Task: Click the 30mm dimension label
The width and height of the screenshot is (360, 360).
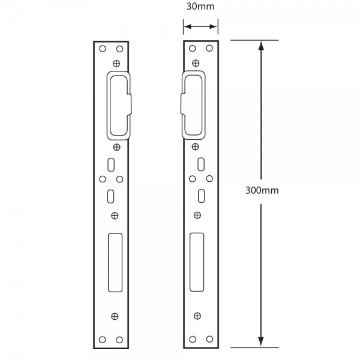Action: (x=200, y=7)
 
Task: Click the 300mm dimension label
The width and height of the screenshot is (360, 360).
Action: (x=262, y=190)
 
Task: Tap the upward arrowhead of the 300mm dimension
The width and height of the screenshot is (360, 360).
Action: (x=261, y=46)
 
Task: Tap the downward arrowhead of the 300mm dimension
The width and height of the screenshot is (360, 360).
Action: (x=261, y=342)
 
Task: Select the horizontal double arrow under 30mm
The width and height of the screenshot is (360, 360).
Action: (x=200, y=26)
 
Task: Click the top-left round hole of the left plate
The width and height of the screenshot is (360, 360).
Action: (x=103, y=49)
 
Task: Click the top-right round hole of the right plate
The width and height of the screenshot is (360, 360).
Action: (x=209, y=48)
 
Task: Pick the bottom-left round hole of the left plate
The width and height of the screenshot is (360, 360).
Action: (x=103, y=340)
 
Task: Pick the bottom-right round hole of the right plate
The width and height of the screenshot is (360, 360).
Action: (x=209, y=339)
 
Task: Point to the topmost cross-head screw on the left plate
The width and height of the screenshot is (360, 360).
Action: (x=116, y=64)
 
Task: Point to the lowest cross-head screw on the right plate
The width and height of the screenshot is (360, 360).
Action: (x=197, y=316)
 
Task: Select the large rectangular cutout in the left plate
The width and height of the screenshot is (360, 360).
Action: (x=115, y=263)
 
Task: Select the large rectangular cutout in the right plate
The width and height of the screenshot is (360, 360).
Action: (x=197, y=262)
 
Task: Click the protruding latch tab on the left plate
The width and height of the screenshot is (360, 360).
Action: (x=130, y=104)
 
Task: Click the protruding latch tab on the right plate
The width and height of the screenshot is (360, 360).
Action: (x=183, y=104)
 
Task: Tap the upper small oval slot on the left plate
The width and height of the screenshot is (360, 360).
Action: (x=111, y=164)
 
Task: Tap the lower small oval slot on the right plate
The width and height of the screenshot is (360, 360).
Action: (x=202, y=196)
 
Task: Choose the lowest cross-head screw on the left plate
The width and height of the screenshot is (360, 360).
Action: (x=115, y=316)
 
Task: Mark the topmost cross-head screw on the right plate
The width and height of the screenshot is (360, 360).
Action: (x=196, y=63)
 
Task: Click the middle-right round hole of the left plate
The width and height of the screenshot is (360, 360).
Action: (x=119, y=179)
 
